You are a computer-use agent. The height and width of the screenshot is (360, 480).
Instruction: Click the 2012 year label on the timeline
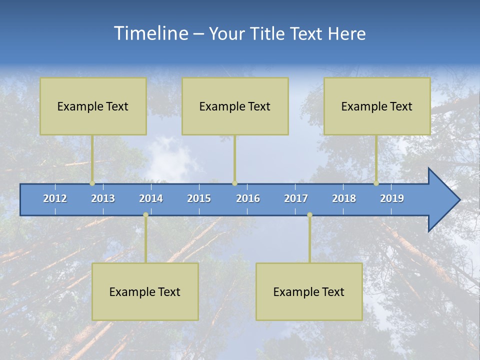(x=55, y=198)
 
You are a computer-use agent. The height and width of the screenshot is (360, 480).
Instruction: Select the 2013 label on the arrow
(x=103, y=198)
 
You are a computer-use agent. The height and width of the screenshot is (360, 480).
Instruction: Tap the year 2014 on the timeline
(x=151, y=198)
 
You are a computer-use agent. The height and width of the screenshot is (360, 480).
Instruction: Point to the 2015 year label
(x=199, y=198)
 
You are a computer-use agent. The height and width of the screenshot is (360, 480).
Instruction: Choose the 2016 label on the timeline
(x=248, y=198)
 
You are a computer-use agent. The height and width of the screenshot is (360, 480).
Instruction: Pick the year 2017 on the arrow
(x=296, y=198)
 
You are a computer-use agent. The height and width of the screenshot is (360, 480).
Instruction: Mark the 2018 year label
(x=344, y=198)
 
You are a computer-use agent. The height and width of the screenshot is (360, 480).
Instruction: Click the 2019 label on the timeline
(x=392, y=198)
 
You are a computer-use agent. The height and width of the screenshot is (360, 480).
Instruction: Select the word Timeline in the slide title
(x=150, y=33)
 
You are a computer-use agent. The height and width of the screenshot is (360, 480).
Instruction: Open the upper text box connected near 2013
(x=93, y=106)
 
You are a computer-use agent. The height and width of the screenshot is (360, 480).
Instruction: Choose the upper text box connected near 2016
(x=235, y=106)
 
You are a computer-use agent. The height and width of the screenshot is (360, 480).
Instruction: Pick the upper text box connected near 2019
(x=377, y=106)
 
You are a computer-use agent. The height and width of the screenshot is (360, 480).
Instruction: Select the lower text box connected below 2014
(x=145, y=292)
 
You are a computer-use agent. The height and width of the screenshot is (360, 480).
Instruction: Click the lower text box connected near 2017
(x=309, y=292)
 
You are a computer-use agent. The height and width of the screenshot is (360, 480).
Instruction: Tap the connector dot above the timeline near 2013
(x=92, y=183)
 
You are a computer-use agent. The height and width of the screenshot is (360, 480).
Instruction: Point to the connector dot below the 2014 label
(x=145, y=215)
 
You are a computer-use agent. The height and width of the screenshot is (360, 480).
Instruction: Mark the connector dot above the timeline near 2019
(x=376, y=183)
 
